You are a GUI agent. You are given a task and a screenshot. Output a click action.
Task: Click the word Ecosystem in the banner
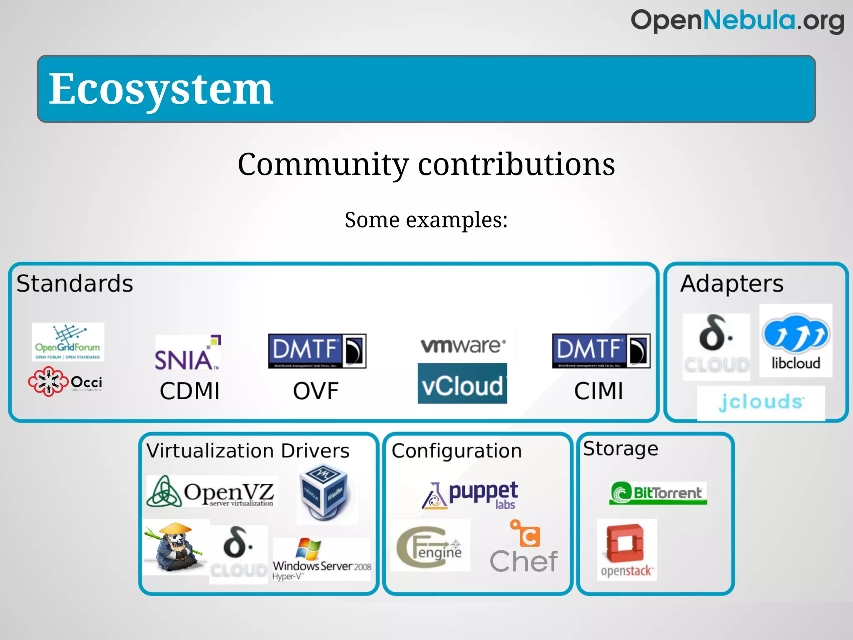pos(161,89)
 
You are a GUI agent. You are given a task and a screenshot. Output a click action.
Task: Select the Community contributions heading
pos(426,164)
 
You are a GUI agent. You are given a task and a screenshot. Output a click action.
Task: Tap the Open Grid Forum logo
pos(68,342)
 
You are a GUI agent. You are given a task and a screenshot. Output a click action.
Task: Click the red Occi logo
pos(65,382)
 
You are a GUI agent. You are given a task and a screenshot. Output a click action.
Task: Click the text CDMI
pos(190,391)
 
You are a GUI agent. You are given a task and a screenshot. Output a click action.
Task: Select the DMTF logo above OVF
pos(317,351)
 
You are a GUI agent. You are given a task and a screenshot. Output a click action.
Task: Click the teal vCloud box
pos(462,383)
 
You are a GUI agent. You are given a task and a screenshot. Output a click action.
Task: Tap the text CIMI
pos(599,391)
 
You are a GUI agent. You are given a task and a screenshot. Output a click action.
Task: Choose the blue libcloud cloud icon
pos(796,333)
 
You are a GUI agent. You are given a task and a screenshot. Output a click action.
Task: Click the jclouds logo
pos(761,402)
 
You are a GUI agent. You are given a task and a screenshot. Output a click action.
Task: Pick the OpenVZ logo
pos(212,492)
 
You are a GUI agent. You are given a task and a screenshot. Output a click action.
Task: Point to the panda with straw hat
pos(175,548)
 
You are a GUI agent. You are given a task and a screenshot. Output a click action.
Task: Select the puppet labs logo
pos(471,495)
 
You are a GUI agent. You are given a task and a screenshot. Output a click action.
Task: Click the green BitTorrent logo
pos(658,493)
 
